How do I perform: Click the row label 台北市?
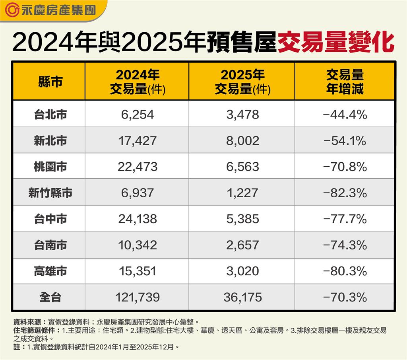tap(50, 115)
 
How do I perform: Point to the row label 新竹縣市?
tap(50, 193)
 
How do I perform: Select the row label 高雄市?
tap(50, 271)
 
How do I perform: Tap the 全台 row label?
tap(50, 297)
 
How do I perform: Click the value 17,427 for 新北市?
tap(137, 141)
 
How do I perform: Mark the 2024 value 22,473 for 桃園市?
tap(137, 167)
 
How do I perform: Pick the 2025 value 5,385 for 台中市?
tap(242, 219)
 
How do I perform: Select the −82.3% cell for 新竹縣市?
tap(345, 193)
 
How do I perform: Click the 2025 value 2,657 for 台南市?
tap(242, 245)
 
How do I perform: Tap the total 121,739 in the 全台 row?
tap(137, 297)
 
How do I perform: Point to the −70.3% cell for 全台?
tap(345, 297)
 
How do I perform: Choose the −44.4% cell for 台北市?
tap(345, 115)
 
